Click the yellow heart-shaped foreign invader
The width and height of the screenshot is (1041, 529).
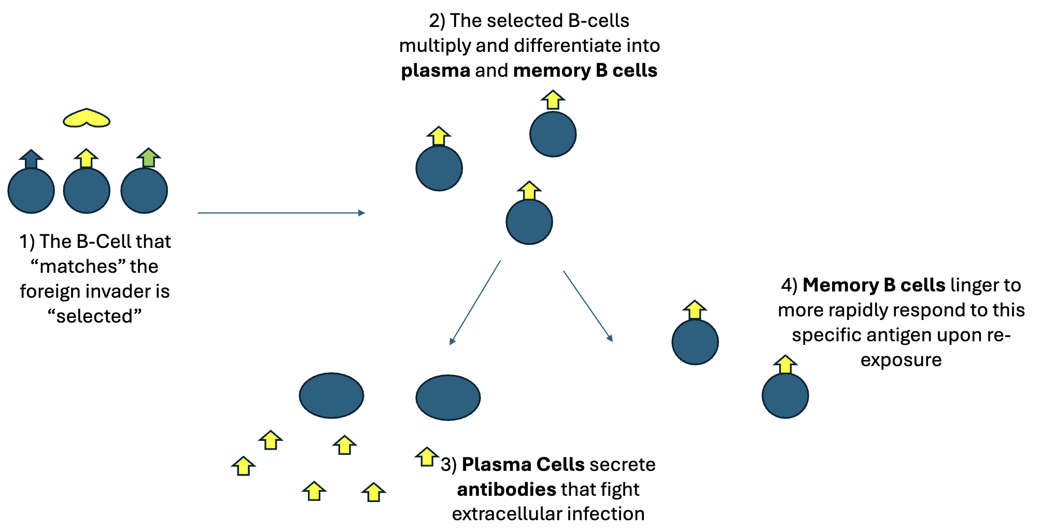click(86, 119)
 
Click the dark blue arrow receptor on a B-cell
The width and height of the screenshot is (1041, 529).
click(31, 160)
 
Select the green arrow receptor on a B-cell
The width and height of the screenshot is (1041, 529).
click(149, 158)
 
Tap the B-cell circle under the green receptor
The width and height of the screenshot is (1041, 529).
click(144, 191)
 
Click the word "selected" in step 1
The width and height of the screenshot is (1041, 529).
click(94, 316)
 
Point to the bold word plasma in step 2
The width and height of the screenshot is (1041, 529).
click(435, 71)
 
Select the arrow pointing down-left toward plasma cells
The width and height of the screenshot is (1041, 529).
click(475, 303)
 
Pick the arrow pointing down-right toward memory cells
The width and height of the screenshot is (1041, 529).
click(588, 306)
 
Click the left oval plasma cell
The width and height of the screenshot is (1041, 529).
click(331, 395)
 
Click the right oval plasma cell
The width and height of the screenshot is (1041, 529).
click(448, 397)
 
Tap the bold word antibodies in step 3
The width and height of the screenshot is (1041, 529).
click(507, 489)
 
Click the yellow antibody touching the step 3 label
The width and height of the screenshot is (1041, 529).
click(427, 457)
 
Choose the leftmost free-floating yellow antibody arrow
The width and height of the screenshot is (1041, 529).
click(243, 466)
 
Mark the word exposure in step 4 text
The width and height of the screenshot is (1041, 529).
click(901, 359)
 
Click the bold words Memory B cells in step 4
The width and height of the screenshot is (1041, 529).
click(874, 285)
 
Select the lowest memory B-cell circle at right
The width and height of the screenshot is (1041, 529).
click(785, 396)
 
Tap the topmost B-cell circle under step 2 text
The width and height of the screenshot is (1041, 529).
click(553, 134)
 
